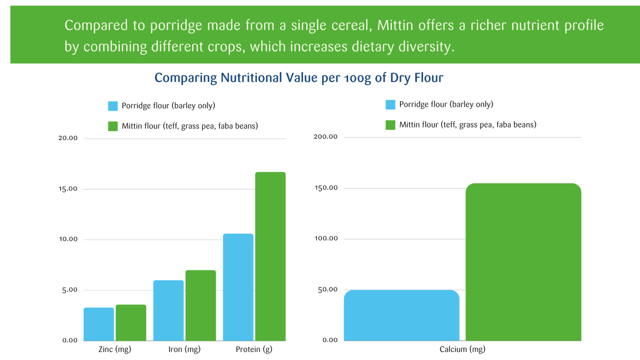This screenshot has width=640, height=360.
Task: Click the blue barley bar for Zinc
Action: [99, 324]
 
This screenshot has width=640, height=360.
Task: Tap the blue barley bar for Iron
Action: [168, 310]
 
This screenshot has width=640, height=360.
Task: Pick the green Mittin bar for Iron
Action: [200, 305]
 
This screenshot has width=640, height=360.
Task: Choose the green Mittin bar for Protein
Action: [270, 256]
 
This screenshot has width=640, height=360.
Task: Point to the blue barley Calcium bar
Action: [401, 315]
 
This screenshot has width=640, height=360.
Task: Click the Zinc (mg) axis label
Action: [115, 349]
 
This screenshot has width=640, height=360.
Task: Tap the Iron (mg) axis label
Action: [184, 349]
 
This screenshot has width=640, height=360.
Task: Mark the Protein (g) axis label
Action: [254, 349]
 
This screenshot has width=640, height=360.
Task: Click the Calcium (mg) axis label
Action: [462, 349]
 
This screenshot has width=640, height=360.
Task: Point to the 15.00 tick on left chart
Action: [68, 189]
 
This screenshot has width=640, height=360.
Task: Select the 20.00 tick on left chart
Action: [68, 138]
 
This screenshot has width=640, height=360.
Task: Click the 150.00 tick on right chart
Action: [326, 188]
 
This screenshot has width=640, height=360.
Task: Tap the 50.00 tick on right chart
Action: [327, 290]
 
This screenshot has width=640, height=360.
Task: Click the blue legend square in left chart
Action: [112, 106]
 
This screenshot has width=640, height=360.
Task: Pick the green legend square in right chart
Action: [390, 125]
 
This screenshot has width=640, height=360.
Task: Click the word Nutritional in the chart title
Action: [251, 78]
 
